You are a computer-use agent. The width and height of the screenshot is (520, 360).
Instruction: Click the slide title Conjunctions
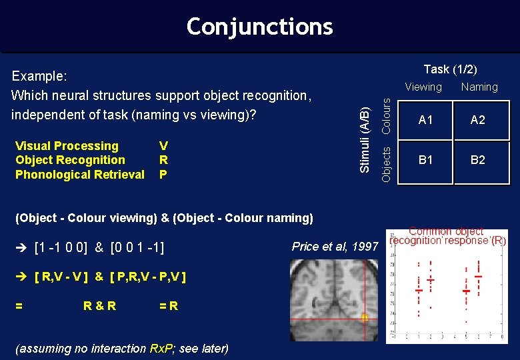tap(259, 26)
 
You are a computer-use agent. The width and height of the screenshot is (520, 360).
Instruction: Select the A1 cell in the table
tap(425, 120)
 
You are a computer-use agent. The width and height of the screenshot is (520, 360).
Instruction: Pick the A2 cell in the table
tap(477, 120)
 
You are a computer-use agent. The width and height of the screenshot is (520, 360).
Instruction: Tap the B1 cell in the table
tap(425, 160)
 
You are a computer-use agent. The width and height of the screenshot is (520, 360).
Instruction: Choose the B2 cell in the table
tap(477, 160)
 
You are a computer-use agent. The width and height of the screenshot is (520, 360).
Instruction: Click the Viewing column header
tap(423, 87)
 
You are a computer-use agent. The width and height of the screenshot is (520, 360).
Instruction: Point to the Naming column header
tap(479, 87)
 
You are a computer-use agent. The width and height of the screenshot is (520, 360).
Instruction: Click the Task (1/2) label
tap(450, 69)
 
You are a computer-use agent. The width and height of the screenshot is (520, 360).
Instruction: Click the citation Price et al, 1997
tap(335, 247)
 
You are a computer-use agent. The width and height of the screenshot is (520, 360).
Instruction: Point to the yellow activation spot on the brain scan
tap(364, 319)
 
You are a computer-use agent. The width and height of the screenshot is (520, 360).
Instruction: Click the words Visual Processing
tap(67, 146)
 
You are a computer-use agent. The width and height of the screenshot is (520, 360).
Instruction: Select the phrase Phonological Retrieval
tap(80, 175)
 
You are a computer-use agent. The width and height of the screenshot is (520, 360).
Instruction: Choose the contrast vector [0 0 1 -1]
tap(141, 248)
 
